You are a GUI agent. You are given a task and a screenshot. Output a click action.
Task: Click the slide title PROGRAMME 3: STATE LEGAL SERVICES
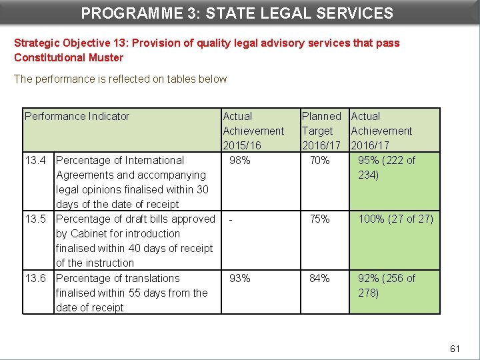tap(237, 13)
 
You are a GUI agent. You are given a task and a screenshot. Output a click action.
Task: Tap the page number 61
tap(455, 349)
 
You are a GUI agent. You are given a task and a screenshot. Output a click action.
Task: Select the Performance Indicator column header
tap(77, 117)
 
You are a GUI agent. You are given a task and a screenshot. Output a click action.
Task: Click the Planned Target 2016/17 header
tap(321, 131)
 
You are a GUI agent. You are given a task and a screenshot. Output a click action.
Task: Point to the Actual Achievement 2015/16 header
tap(253, 131)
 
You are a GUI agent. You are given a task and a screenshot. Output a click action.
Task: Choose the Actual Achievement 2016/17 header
tap(381, 131)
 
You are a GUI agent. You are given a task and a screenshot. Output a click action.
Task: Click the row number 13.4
tap(35, 161)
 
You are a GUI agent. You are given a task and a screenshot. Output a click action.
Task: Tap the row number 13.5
tap(35, 219)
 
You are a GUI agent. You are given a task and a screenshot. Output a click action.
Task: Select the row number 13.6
tap(35, 279)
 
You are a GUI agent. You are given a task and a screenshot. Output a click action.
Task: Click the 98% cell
tap(240, 161)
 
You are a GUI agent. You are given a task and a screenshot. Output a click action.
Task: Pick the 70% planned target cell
tap(319, 161)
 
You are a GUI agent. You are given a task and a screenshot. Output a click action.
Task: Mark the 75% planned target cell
tap(319, 219)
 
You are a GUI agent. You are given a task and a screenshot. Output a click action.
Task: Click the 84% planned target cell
tap(319, 279)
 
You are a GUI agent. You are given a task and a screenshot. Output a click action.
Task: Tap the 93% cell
tap(240, 279)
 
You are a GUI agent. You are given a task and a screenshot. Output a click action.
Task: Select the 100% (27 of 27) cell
tap(395, 219)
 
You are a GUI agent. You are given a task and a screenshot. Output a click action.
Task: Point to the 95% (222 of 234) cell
tap(387, 167)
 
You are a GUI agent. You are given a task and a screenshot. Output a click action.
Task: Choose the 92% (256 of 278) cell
tap(387, 285)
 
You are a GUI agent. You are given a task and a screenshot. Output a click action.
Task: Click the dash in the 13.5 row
tap(231, 219)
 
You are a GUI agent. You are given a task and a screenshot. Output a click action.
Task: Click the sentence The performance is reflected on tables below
tap(120, 79)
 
